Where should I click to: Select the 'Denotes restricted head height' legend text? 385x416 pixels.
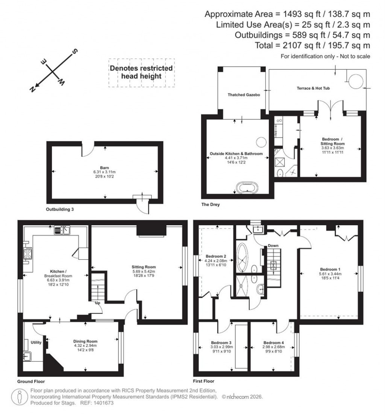tap(141, 72)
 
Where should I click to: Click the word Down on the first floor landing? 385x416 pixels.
tap(273, 246)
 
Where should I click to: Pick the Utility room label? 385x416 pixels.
tap(36, 343)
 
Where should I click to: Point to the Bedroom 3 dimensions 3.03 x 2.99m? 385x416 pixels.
tap(222, 347)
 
